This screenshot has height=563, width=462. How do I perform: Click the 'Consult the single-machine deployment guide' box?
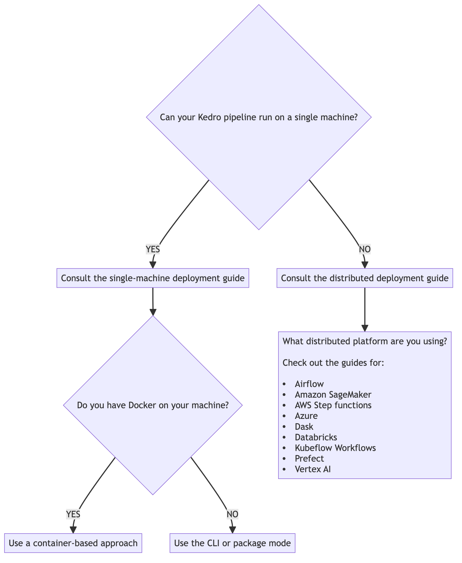click(153, 278)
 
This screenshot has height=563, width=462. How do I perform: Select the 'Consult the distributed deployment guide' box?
click(364, 278)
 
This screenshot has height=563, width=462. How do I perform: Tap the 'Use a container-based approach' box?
click(73, 543)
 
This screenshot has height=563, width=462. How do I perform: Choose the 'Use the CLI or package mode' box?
click(232, 543)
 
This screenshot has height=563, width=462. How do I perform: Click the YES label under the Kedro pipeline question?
click(153, 249)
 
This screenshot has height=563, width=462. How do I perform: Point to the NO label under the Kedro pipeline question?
click(364, 249)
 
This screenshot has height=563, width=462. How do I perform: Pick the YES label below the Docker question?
click(73, 514)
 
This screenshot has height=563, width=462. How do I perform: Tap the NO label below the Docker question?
click(232, 514)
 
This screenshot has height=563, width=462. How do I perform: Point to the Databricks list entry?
click(316, 437)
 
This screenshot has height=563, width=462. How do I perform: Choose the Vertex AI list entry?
click(313, 469)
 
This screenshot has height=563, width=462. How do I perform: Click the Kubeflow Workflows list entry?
click(335, 448)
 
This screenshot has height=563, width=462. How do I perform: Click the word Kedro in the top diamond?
click(209, 117)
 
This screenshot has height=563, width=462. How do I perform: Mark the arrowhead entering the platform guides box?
click(365, 328)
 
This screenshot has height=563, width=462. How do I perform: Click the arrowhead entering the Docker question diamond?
click(153, 312)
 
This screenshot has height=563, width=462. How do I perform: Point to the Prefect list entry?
click(309, 458)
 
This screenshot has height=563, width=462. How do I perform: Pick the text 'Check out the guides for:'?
click(333, 363)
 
